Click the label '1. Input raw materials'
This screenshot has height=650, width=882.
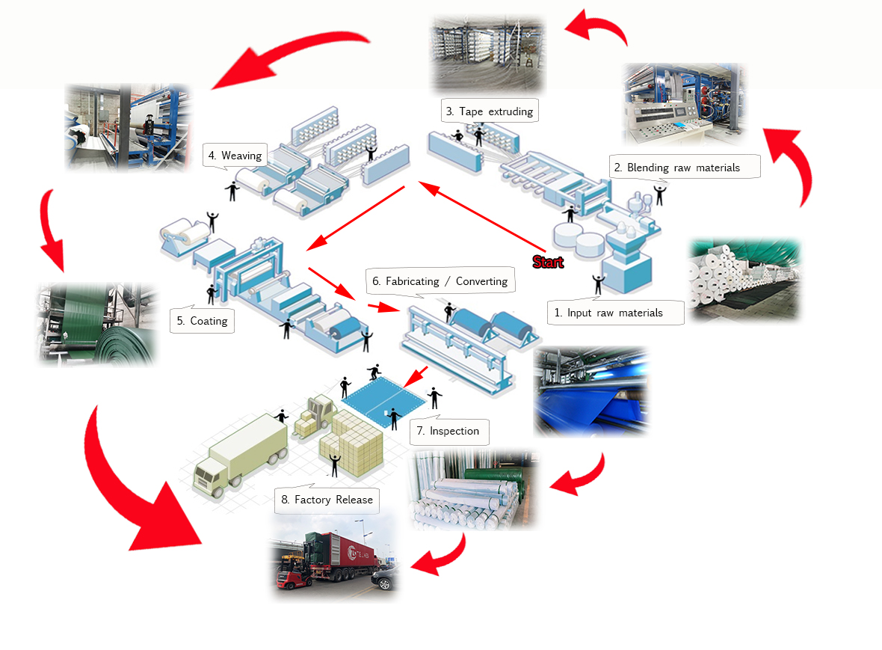(x=615, y=313)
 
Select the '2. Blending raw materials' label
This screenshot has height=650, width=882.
(x=683, y=168)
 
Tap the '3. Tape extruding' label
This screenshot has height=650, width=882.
(x=489, y=111)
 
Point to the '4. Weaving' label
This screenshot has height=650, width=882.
(x=235, y=156)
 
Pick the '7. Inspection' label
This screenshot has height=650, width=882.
(x=448, y=431)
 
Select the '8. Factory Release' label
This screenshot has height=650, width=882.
(x=327, y=500)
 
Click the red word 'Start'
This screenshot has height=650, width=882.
(x=548, y=263)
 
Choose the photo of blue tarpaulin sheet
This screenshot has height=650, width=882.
(x=590, y=390)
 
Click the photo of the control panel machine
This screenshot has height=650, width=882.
(x=683, y=102)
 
